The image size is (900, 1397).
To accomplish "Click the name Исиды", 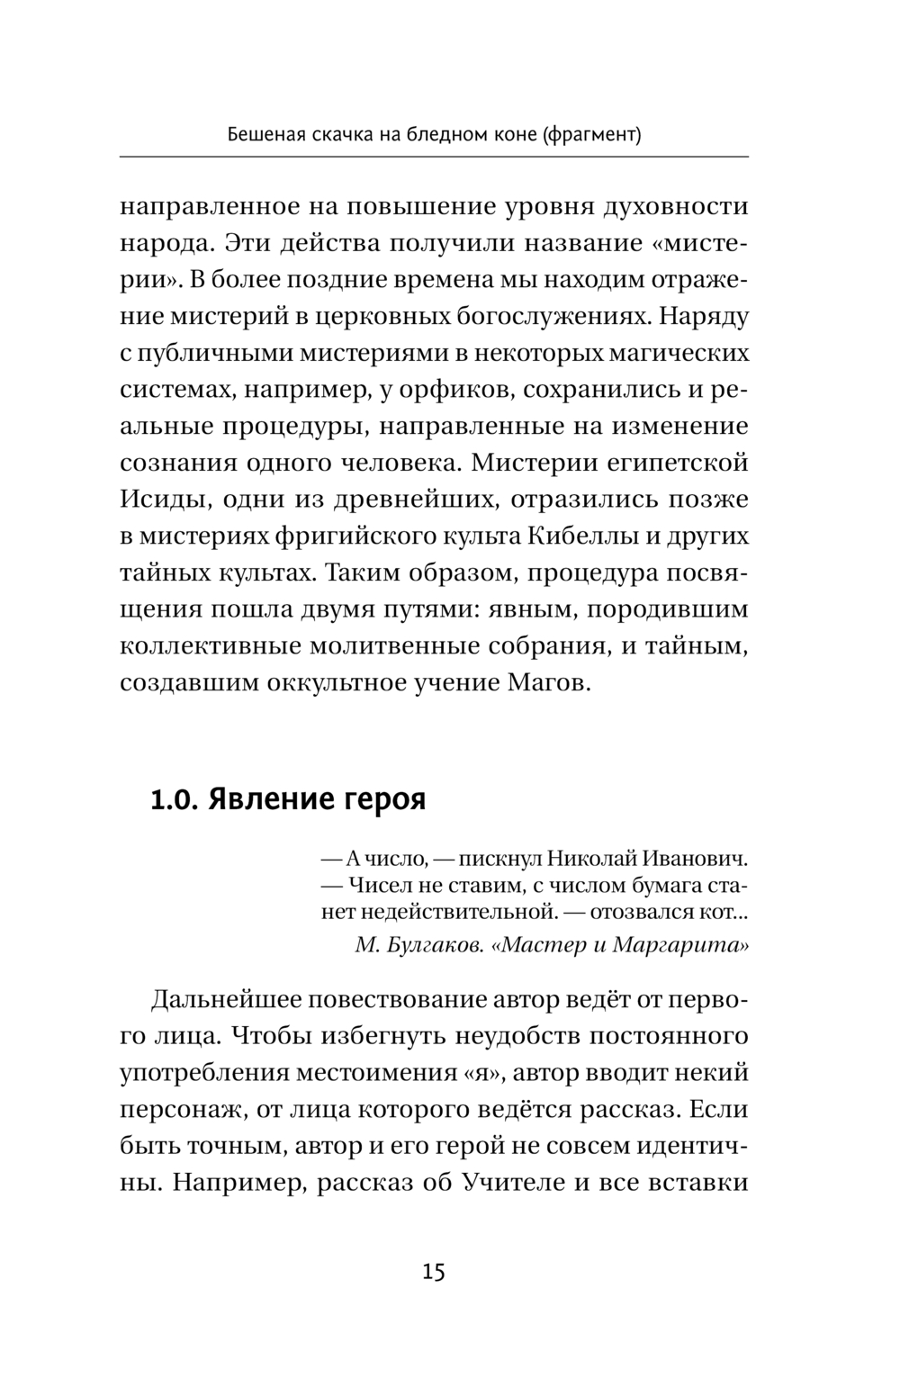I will (160, 500).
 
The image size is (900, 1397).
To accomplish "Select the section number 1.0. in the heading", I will (175, 799).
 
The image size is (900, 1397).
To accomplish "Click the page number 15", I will (433, 1272).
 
